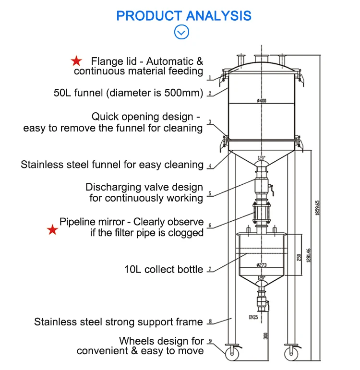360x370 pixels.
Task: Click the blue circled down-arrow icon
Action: (x=181, y=32)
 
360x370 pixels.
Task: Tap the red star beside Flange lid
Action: (x=76, y=61)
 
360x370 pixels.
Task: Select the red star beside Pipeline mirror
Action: (x=52, y=230)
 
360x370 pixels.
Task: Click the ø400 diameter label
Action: (x=262, y=101)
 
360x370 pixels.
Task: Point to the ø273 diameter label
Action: (x=262, y=265)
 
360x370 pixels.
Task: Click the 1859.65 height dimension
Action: (x=317, y=208)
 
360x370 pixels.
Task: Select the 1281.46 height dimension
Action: (x=308, y=255)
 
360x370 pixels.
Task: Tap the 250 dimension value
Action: (x=299, y=257)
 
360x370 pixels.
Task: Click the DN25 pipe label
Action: (x=253, y=317)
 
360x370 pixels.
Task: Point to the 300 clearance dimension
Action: (x=265, y=336)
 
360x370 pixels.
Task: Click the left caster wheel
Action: (x=232, y=353)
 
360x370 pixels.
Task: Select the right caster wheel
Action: (x=291, y=353)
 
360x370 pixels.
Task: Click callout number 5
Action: (x=210, y=193)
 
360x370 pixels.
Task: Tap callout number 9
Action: (x=210, y=341)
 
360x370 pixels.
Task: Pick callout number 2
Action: (x=210, y=93)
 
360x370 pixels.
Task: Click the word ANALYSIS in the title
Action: (x=218, y=16)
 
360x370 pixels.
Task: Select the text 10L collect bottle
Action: (x=164, y=269)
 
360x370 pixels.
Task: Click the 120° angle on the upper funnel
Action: (x=261, y=157)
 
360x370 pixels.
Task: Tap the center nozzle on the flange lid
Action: (x=262, y=59)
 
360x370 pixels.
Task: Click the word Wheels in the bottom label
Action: (x=137, y=341)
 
